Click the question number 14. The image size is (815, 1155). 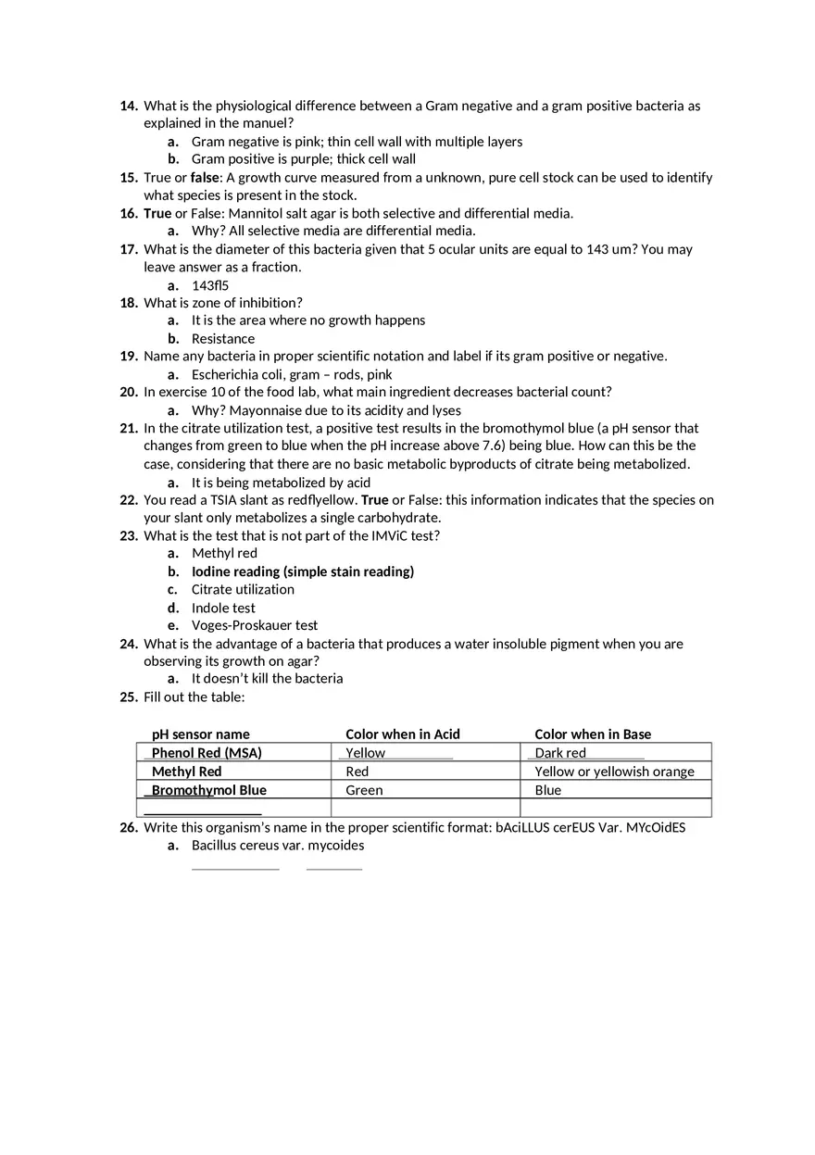129,106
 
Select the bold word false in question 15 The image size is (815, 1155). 205,177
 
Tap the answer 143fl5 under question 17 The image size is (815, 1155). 210,285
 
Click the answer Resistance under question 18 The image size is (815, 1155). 223,339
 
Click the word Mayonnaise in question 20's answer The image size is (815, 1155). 266,410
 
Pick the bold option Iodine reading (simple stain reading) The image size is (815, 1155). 303,571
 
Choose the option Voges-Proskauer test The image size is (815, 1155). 255,625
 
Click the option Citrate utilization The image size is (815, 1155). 243,589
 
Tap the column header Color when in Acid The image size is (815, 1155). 403,734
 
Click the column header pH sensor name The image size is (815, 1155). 201,734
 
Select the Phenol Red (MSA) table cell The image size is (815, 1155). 207,753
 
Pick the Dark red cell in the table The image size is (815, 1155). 560,753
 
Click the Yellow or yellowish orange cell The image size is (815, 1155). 614,772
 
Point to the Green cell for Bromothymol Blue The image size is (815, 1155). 364,790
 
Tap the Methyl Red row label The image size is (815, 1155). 187,772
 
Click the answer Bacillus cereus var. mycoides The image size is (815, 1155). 278,846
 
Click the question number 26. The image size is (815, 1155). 129,827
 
